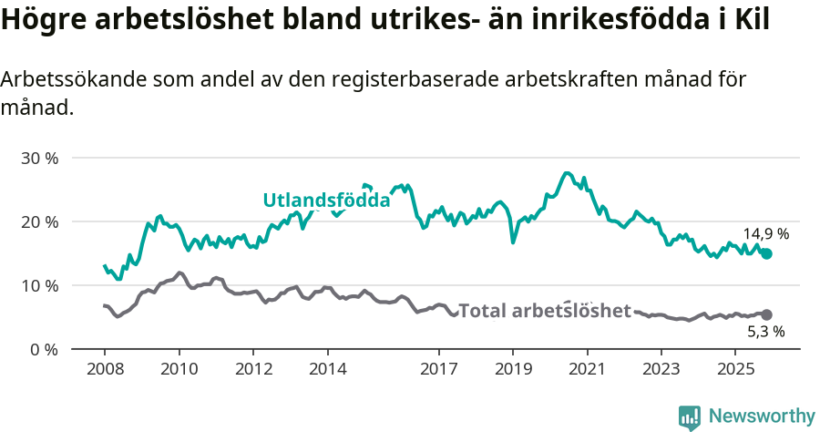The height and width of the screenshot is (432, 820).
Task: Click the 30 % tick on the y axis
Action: click(39, 158)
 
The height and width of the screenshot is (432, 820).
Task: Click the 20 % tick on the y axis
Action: click(39, 221)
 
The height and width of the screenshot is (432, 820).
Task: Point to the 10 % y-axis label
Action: click(39, 285)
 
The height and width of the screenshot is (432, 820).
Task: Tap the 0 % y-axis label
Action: click(43, 349)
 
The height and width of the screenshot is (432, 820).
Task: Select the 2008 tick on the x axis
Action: click(104, 369)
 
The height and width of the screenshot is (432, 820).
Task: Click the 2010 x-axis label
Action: click(179, 369)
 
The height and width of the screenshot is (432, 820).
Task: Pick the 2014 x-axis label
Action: click(327, 369)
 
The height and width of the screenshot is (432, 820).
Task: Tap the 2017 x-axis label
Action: click(438, 369)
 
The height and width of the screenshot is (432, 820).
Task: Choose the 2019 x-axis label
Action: click(513, 369)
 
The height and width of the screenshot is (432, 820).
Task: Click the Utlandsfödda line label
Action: click(326, 201)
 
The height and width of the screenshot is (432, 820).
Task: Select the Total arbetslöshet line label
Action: click(544, 311)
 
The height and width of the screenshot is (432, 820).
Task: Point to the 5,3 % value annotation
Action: click(766, 332)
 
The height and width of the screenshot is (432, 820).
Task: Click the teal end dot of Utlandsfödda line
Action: click(766, 253)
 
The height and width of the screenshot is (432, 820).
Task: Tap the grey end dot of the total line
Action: click(766, 314)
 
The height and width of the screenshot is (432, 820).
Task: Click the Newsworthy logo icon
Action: click(690, 417)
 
